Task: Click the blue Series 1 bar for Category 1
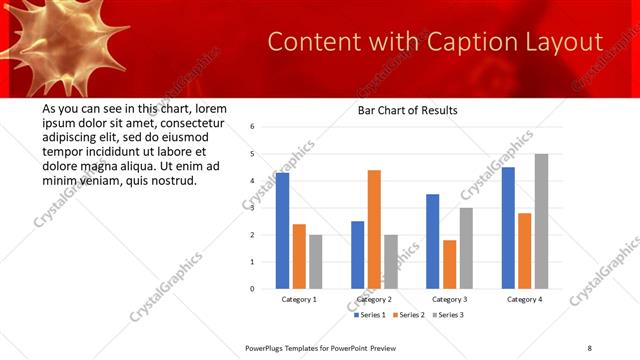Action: pyautogui.click(x=283, y=231)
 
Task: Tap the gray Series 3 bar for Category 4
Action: pyautogui.click(x=541, y=221)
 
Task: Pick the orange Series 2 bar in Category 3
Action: pyautogui.click(x=449, y=264)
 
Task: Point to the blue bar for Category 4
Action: pyautogui.click(x=508, y=228)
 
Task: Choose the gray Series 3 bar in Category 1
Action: pyautogui.click(x=316, y=262)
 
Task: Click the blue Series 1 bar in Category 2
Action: pyautogui.click(x=358, y=255)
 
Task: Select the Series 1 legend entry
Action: pyautogui.click(x=370, y=315)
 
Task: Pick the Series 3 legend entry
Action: pyautogui.click(x=447, y=315)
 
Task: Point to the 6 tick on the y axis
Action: pyautogui.click(x=253, y=127)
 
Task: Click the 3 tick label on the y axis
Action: pyautogui.click(x=253, y=208)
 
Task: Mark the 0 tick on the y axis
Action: pyautogui.click(x=253, y=289)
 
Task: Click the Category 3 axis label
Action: pyautogui.click(x=449, y=299)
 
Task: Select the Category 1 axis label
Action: pyautogui.click(x=299, y=299)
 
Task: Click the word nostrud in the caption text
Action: pyautogui.click(x=173, y=180)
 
